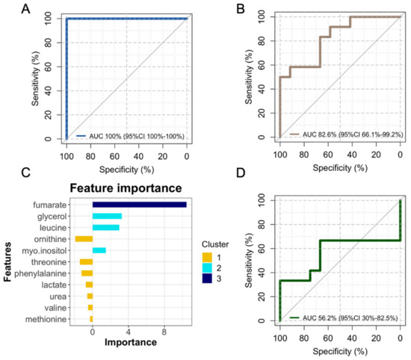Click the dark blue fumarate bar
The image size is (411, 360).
coord(139,204)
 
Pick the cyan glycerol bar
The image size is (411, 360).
coord(107,216)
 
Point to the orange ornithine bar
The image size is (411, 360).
coord(83,239)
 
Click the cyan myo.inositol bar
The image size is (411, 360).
coord(99,250)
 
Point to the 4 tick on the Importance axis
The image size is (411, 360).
coord(128,332)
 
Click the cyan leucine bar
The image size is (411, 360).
coord(105,227)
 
